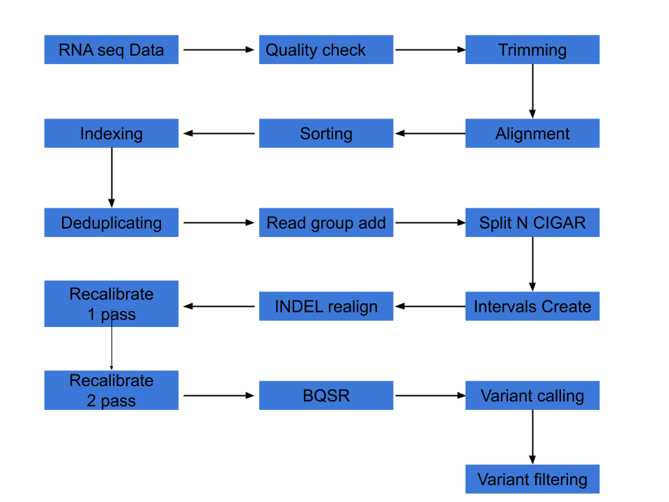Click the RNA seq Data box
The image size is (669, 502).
[111, 50]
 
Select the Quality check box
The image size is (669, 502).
[326, 50]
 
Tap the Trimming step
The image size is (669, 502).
[532, 50]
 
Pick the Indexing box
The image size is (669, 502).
[111, 133]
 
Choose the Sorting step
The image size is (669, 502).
[326, 133]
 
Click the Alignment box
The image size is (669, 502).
[532, 133]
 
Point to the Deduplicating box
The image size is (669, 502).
[111, 222]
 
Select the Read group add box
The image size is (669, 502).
[326, 222]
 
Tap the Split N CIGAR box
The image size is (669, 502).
[532, 222]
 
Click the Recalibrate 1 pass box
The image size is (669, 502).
[111, 303]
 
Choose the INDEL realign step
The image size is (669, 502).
[326, 306]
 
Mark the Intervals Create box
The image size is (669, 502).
[532, 306]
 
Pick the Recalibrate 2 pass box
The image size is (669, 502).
[111, 390]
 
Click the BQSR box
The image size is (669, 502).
[326, 395]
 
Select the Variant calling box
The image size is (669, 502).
[532, 395]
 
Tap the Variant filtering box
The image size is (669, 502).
[532, 479]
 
